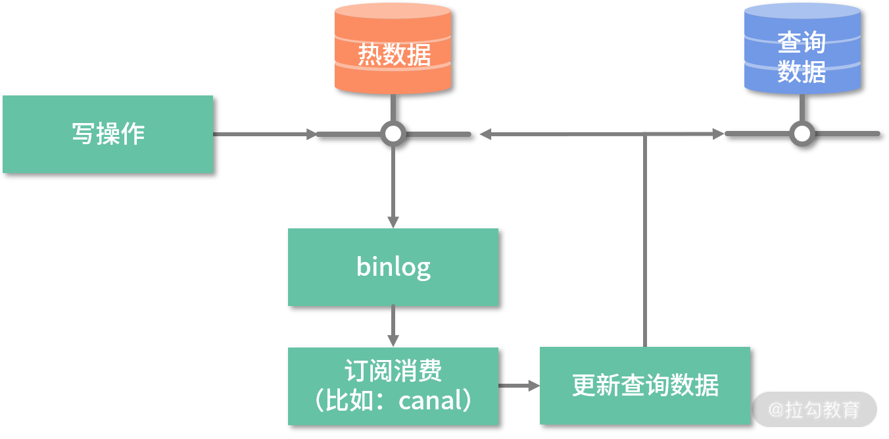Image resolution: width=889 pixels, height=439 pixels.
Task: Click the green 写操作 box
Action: [108, 134]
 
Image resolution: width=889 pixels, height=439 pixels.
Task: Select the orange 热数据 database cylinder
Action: [393, 49]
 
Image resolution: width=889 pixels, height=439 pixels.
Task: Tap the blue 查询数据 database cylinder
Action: [802, 49]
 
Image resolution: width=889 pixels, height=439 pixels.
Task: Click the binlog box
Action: [393, 267]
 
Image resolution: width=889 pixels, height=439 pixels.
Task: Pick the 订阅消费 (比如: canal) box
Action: [393, 386]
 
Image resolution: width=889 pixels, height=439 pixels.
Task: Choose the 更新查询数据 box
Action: [645, 386]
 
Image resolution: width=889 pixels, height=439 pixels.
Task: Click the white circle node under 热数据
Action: [393, 134]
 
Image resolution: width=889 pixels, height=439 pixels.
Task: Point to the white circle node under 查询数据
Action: [802, 134]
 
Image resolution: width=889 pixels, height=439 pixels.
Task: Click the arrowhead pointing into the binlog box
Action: [393, 222]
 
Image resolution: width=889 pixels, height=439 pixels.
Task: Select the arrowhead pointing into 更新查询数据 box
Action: [534, 386]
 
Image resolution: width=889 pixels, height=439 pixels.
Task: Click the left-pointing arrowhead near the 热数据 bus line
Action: [485, 134]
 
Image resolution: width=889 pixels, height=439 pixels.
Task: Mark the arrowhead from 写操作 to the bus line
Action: [312, 134]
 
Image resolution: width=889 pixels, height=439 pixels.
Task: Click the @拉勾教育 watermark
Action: [814, 409]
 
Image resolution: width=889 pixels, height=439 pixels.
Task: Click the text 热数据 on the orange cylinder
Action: [394, 55]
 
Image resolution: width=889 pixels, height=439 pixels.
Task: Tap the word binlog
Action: [393, 267]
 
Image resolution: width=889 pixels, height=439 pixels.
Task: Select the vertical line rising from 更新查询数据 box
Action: [645, 240]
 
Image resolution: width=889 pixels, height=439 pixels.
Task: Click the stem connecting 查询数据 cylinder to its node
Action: [802, 108]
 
